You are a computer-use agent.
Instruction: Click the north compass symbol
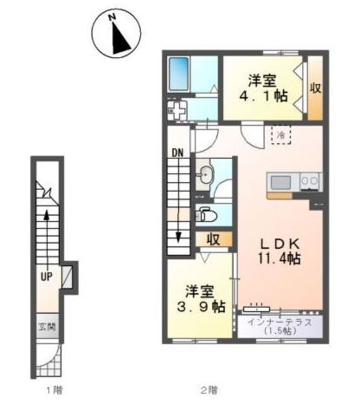coord(116,33)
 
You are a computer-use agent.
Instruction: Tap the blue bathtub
coord(178,74)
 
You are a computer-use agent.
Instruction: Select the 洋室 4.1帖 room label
coord(264,88)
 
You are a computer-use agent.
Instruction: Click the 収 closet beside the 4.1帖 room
coord(315,88)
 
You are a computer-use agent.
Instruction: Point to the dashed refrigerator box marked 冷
coord(281,134)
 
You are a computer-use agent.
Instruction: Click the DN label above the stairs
coord(178,153)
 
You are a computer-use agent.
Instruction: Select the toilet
coord(206,215)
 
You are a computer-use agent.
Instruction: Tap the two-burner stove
coord(311,182)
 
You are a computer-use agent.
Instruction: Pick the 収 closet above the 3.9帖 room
coord(214,239)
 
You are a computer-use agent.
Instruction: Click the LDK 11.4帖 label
coord(279,251)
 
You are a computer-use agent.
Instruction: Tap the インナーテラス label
coord(280,323)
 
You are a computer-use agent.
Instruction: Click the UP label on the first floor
coord(47,276)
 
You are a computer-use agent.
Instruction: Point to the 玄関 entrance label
coord(47,327)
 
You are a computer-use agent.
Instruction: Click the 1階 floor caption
coord(54,390)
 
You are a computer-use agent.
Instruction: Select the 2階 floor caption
coord(209,390)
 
